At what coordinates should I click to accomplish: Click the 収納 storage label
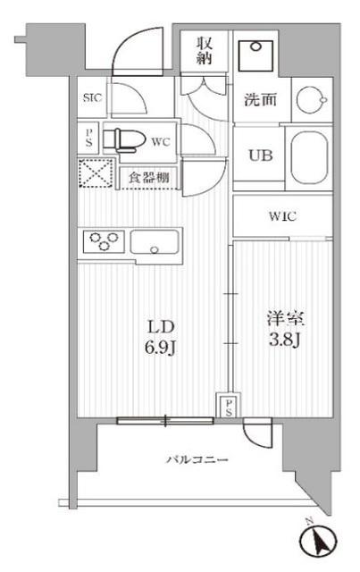[204, 50]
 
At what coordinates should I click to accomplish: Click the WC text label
[160, 141]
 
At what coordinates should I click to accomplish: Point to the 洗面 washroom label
[262, 100]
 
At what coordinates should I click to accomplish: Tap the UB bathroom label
[259, 154]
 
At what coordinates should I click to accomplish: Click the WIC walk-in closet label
[282, 216]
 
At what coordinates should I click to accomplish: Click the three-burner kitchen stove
[104, 240]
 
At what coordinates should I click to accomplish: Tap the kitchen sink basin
[156, 241]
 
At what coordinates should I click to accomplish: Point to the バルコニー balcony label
[197, 459]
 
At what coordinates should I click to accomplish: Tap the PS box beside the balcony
[228, 407]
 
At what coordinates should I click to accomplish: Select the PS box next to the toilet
[88, 139]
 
